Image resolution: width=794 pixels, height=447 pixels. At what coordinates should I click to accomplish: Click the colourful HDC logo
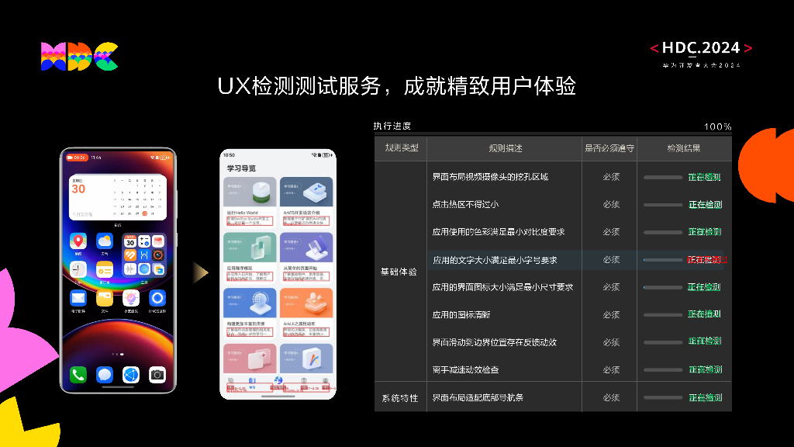[x=79, y=57]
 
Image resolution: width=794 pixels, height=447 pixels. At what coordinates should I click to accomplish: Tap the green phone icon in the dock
[x=78, y=375]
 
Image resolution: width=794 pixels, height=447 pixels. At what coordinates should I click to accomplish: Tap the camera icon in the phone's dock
[x=157, y=375]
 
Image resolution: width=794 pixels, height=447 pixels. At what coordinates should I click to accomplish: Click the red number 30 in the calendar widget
[x=78, y=189]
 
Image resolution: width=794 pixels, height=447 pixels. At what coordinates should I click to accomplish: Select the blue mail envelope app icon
[x=78, y=297]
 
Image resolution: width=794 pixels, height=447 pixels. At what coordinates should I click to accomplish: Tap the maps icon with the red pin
[x=78, y=241]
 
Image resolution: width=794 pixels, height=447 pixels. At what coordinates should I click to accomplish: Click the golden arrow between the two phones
[x=200, y=271]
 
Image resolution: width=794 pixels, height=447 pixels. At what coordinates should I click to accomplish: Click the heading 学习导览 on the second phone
[x=241, y=168]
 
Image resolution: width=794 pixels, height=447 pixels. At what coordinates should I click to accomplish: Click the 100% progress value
[x=717, y=126]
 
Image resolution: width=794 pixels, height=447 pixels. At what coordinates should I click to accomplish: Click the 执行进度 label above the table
[x=392, y=126]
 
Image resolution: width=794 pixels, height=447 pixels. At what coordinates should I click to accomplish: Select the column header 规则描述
[x=505, y=148]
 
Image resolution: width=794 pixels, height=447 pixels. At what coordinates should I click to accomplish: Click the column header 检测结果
[x=684, y=148]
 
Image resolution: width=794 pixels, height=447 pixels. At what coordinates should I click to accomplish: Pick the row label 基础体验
[x=399, y=272]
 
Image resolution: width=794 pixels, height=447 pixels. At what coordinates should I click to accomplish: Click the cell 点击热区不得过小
[x=465, y=205]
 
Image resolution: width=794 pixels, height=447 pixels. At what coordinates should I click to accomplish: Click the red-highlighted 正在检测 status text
[x=705, y=259]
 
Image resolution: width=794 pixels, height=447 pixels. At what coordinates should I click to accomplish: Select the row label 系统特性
[x=399, y=398]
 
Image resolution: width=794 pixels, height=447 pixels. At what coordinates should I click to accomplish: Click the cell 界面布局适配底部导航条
[x=478, y=397]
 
